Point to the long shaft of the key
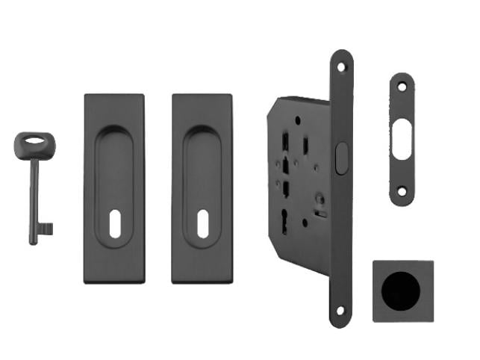tap(34, 194)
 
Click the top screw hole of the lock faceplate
tap(341, 67)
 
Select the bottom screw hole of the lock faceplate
tap(341, 310)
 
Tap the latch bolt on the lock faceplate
tap(341, 158)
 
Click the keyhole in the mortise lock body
tap(284, 218)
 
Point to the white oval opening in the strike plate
tap(402, 140)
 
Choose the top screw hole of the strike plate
tap(402, 87)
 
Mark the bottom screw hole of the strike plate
tap(402, 192)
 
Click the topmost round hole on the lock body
tap(297, 120)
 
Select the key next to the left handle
tap(34, 187)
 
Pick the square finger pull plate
tap(403, 291)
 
